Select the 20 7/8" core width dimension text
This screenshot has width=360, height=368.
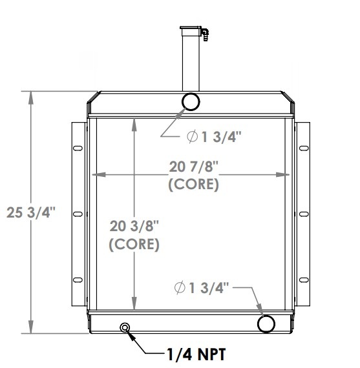click(193, 168)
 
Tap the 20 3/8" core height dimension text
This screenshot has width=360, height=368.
click(134, 226)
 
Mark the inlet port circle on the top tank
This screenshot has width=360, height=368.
click(191, 101)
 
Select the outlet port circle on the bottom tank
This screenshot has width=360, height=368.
click(266, 323)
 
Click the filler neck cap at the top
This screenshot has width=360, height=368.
click(192, 30)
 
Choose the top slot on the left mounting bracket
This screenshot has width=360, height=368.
click(78, 149)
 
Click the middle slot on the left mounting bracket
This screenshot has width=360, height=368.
click(78, 212)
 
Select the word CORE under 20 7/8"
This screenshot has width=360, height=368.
click(193, 184)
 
